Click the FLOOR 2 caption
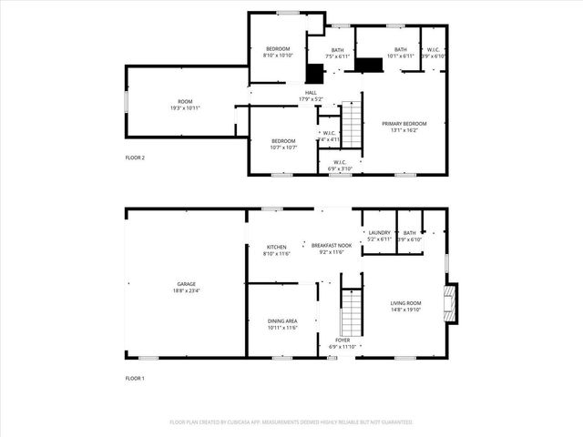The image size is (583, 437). [135, 158]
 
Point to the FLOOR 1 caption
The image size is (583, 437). [135, 378]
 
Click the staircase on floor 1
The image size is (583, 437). [351, 311]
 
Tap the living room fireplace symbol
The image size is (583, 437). [450, 303]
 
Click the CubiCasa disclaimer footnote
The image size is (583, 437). [291, 422]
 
